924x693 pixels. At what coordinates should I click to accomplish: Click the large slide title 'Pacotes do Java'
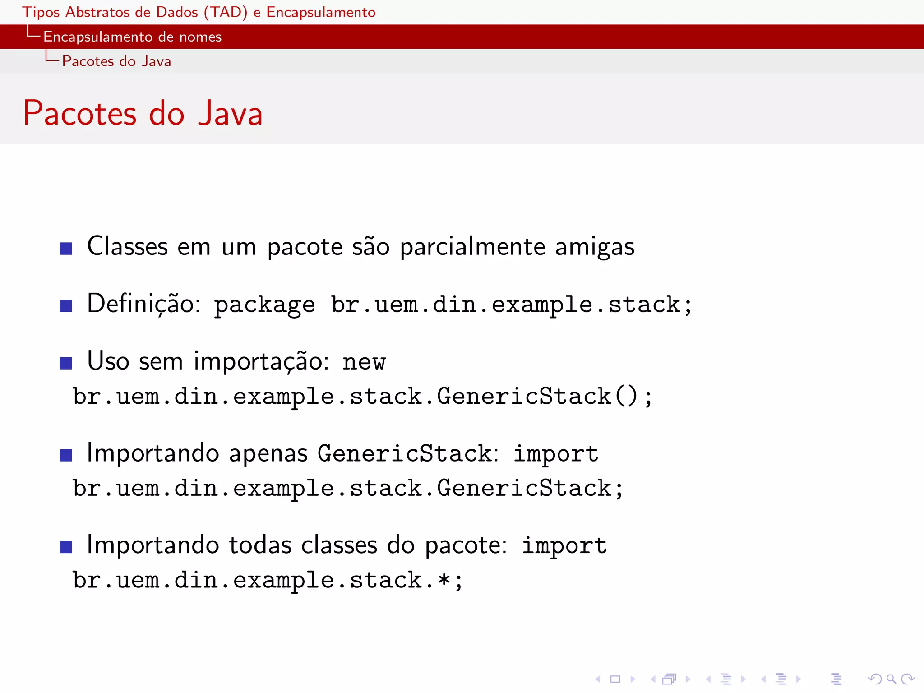pyautogui.click(x=143, y=113)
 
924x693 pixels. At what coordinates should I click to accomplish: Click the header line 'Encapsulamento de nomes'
pyautogui.click(x=132, y=37)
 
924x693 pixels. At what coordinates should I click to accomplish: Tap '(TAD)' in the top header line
pyautogui.click(x=225, y=12)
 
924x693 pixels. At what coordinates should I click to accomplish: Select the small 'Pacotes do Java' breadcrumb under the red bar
pyautogui.click(x=116, y=61)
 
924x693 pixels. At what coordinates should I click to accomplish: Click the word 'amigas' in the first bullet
pyautogui.click(x=594, y=247)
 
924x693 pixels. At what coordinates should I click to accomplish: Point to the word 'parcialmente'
pyautogui.click(x=472, y=247)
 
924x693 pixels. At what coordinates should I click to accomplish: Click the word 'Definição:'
pyautogui.click(x=143, y=304)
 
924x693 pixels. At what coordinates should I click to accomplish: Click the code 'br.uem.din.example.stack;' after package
pyautogui.click(x=511, y=305)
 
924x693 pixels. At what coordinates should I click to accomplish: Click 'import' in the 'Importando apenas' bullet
pyautogui.click(x=556, y=454)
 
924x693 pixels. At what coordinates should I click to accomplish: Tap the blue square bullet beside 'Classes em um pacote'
pyautogui.click(x=66, y=249)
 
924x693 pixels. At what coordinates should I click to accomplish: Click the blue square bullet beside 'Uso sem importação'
pyautogui.click(x=66, y=363)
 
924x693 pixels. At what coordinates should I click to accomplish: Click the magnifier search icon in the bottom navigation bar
pyautogui.click(x=891, y=679)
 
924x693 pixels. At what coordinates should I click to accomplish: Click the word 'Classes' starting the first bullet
pyautogui.click(x=127, y=247)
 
